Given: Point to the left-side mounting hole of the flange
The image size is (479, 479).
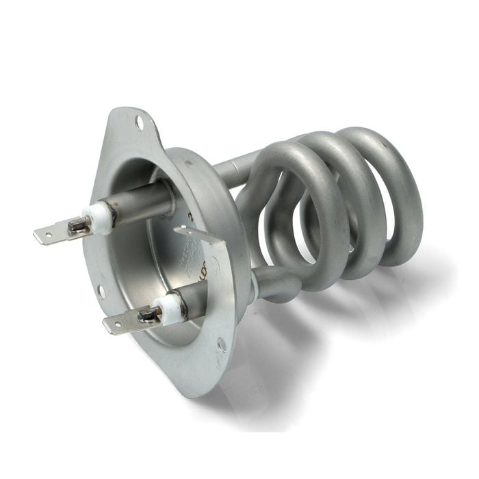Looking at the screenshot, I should tap(101, 291).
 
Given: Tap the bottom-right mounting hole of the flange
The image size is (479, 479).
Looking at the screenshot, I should tap(222, 344).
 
